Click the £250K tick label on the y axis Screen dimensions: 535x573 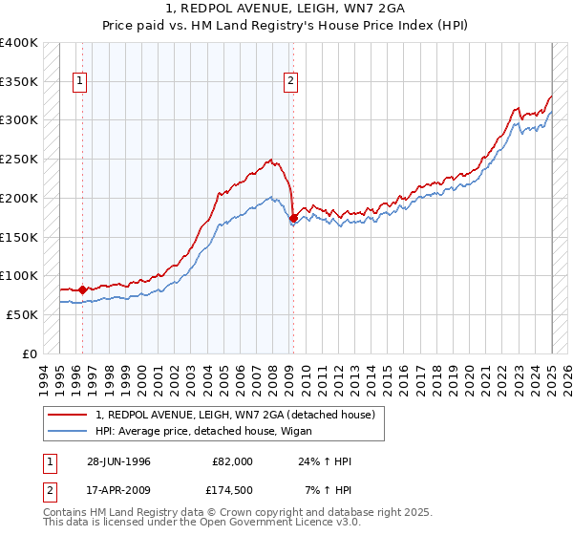coord(20,159)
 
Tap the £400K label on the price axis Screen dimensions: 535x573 coord(20,43)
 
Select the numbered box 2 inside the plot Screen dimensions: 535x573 coord(290,82)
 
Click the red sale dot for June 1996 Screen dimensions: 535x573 coord(82,289)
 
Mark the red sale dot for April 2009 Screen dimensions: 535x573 coord(293,217)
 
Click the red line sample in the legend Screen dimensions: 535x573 coord(68,414)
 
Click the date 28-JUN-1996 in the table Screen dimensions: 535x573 coord(117,460)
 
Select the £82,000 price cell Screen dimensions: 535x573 coord(233,460)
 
